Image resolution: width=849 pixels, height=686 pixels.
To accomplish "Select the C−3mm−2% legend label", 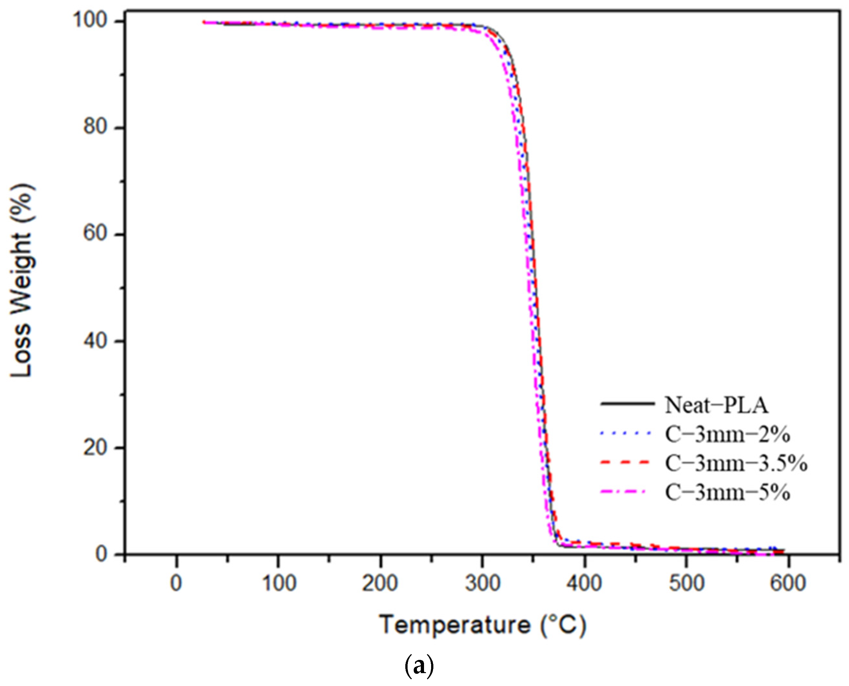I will (x=727, y=435).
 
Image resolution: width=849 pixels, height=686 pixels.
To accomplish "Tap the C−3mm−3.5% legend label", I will (x=736, y=464).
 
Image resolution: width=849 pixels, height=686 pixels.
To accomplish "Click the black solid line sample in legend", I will (x=627, y=404).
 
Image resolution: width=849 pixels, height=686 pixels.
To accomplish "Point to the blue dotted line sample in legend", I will (x=626, y=434).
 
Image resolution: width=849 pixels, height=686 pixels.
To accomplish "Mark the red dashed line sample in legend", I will (x=626, y=462).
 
